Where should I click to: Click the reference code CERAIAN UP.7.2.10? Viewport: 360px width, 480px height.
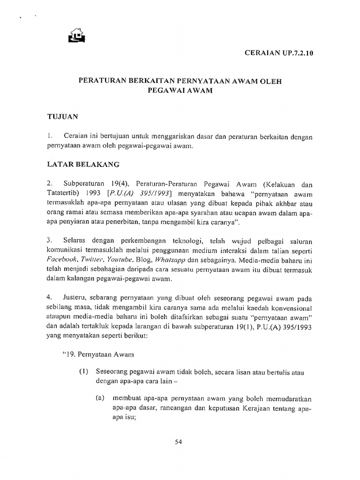(279, 53)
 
